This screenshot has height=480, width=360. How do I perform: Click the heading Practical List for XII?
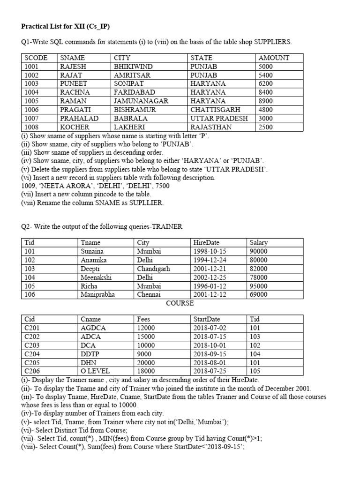tap(66, 25)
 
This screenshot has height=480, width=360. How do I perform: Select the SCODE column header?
tap(36, 58)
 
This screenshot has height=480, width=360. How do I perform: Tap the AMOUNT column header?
tap(274, 58)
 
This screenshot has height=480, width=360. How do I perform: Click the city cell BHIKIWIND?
tap(134, 67)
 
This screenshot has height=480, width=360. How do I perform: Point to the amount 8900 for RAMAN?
tap(266, 101)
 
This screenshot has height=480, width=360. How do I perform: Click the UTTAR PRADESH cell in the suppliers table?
tap(219, 119)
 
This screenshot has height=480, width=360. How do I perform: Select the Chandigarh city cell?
tap(153, 269)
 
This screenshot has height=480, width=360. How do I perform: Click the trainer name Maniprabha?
tap(97, 295)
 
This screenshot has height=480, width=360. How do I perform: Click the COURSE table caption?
tap(180, 303)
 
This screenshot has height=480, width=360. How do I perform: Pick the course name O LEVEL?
tap(95, 371)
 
